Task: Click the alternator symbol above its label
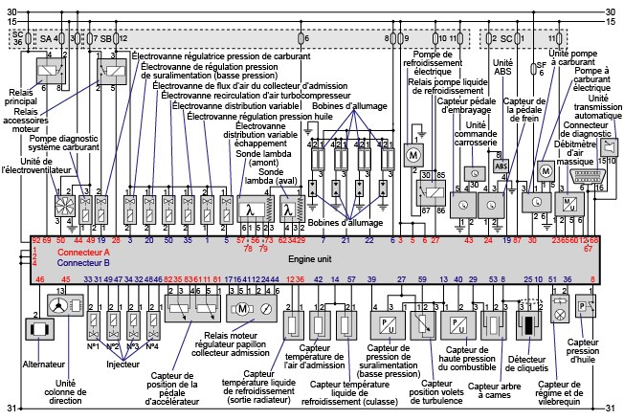pyautogui.click(x=39, y=329)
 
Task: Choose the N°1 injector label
pyautogui.click(x=93, y=346)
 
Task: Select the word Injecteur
pyautogui.click(x=123, y=364)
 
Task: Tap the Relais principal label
pyautogui.click(x=19, y=98)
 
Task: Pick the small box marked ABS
pyautogui.click(x=501, y=165)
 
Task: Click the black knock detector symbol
pyautogui.click(x=525, y=325)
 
